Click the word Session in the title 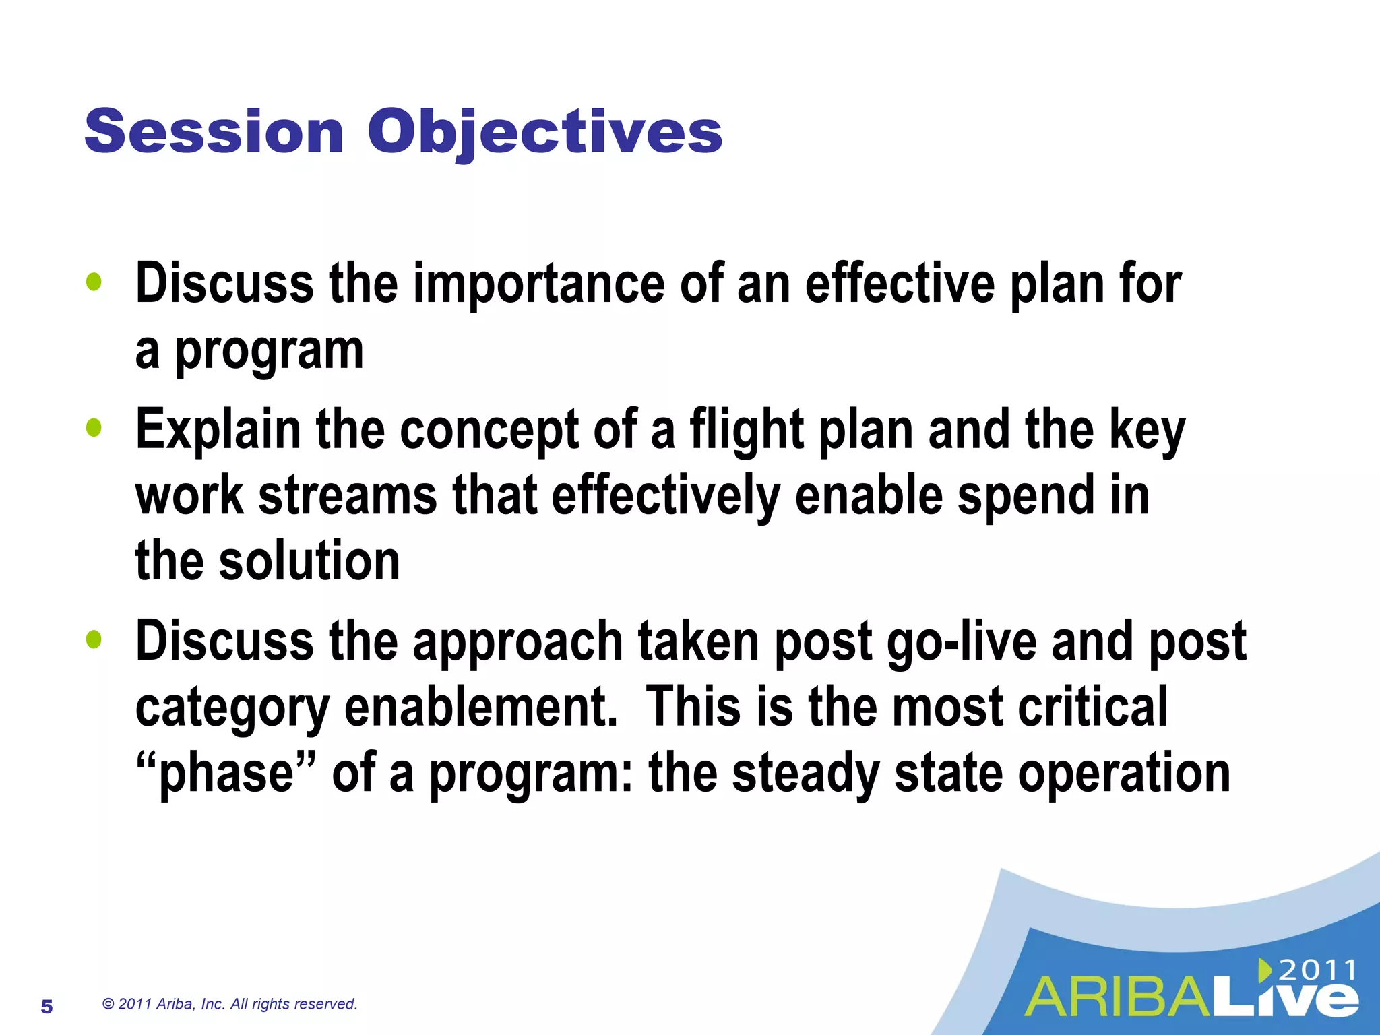[214, 131]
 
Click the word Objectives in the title [544, 133]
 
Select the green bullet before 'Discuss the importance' [94, 282]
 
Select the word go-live [962, 641]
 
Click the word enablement [480, 708]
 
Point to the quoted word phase [226, 774]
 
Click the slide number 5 [46, 1007]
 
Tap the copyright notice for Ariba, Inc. [229, 1004]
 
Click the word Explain [218, 430]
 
